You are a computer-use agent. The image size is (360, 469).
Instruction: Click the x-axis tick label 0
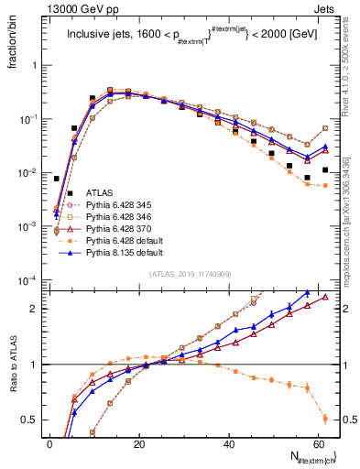pos(49,444)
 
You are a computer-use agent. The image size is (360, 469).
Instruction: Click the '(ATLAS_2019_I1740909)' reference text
pos(190,274)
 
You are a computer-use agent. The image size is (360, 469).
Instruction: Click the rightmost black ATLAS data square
pos(325,169)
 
